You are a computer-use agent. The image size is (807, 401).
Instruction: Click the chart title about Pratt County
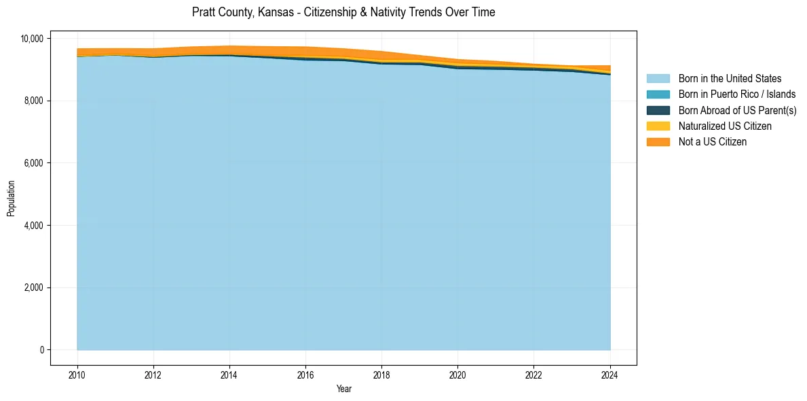343,12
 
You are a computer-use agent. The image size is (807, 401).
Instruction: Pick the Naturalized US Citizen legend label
725,126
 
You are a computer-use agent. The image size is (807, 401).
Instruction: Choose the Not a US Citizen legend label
713,142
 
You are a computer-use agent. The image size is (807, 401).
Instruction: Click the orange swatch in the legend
658,142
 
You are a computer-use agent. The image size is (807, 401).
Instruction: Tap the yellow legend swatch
658,126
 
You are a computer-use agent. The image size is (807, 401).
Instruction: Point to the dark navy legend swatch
658,110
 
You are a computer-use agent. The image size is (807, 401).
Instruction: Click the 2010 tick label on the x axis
77,374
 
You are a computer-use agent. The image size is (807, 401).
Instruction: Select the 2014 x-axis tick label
229,374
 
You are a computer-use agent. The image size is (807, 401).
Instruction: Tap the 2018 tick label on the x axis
381,374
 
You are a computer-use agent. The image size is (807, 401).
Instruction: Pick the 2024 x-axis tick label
610,374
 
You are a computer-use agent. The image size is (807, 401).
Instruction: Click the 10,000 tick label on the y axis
32,39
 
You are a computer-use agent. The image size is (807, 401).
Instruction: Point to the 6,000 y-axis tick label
34,163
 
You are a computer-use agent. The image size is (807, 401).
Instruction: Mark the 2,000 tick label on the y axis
34,287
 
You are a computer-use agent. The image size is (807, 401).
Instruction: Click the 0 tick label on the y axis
41,350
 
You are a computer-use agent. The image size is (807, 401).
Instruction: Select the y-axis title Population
11,198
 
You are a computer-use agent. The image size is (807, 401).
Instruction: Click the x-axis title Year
343,389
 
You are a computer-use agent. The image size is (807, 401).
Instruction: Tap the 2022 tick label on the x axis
534,374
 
